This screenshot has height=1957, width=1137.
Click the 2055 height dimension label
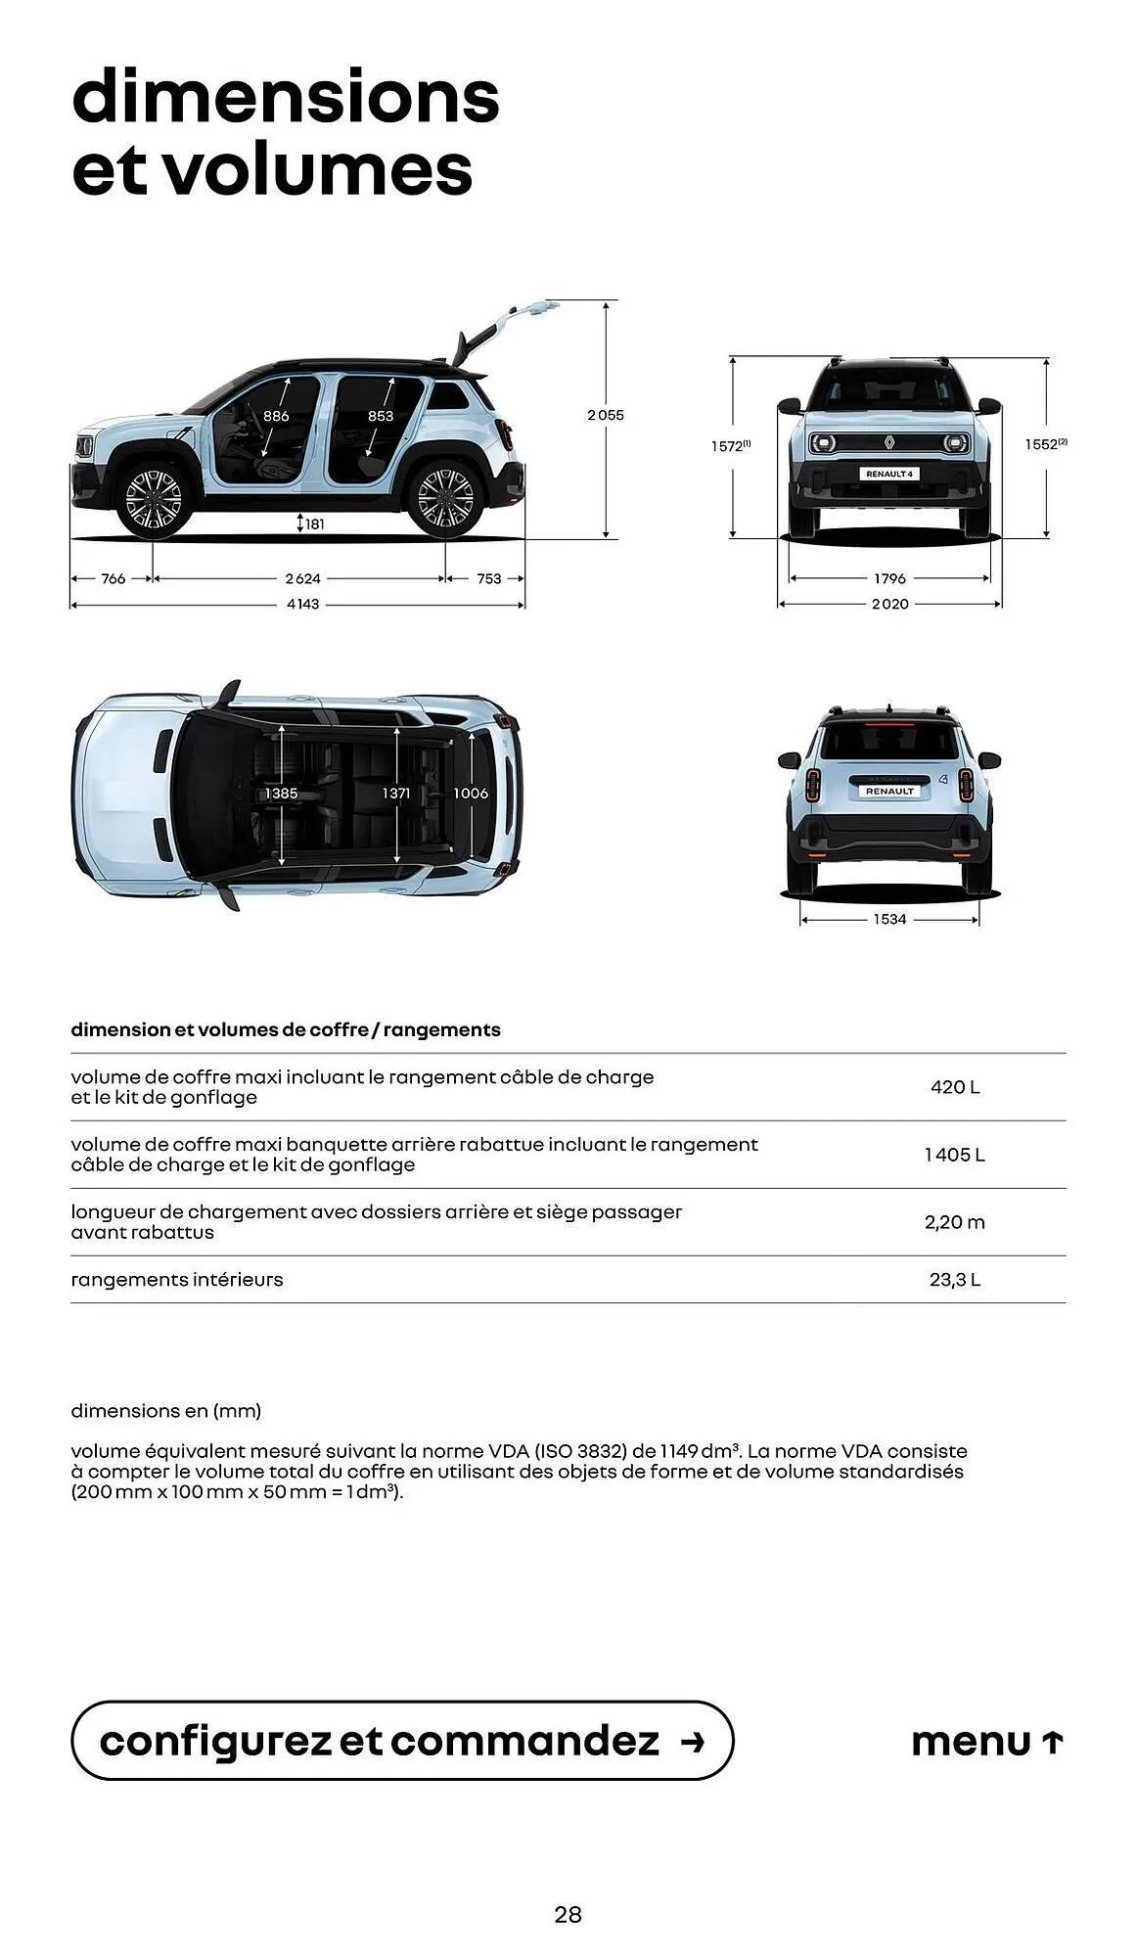pyautogui.click(x=605, y=415)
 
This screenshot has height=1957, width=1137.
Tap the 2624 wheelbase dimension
pyautogui.click(x=302, y=578)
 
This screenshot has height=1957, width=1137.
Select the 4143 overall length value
pyautogui.click(x=302, y=605)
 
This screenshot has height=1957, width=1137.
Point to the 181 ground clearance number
pyautogui.click(x=313, y=524)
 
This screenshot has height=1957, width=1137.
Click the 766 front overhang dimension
pyautogui.click(x=114, y=578)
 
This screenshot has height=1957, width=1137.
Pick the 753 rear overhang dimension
pyautogui.click(x=488, y=578)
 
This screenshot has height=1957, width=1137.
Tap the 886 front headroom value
pyautogui.click(x=276, y=416)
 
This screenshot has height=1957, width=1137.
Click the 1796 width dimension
pyautogui.click(x=889, y=578)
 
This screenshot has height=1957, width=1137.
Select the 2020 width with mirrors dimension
pyautogui.click(x=889, y=605)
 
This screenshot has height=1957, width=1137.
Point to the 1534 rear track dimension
pyautogui.click(x=889, y=919)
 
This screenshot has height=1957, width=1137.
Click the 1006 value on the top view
pyautogui.click(x=470, y=793)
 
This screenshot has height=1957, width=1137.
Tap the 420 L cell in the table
pyautogui.click(x=954, y=1087)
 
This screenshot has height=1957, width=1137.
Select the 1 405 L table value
pyautogui.click(x=954, y=1155)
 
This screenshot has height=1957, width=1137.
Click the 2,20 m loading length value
pyautogui.click(x=954, y=1222)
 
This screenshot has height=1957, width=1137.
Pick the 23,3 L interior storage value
pyautogui.click(x=954, y=1280)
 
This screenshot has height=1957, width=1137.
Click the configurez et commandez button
pyautogui.click(x=401, y=1741)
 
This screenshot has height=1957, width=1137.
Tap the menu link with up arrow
pyautogui.click(x=986, y=1742)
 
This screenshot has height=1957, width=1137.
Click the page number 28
pyautogui.click(x=568, y=1915)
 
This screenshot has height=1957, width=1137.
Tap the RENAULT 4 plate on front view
pyautogui.click(x=888, y=474)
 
